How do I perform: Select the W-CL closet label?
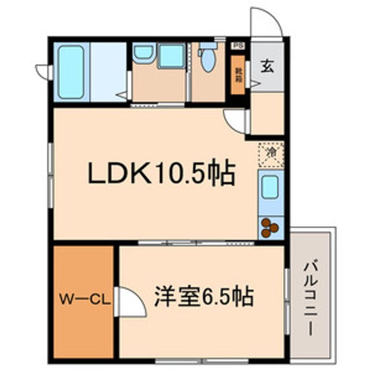(84, 299)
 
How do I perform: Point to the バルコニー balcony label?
(310, 298)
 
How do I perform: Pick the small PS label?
(238, 45)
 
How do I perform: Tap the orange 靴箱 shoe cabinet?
(238, 77)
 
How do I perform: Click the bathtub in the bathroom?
(71, 72)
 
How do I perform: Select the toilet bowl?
(208, 58)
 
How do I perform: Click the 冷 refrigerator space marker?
(271, 153)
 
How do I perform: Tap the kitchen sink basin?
(271, 187)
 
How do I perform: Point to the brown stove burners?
(270, 227)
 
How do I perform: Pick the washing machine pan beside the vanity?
(171, 56)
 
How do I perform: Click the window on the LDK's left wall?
(50, 175)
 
